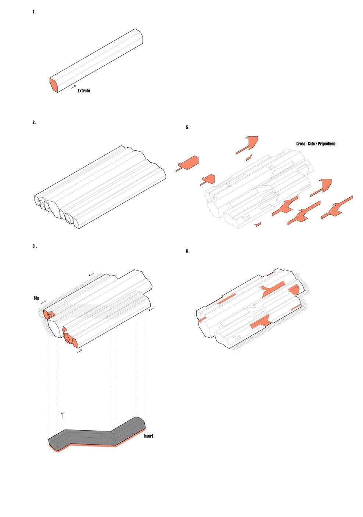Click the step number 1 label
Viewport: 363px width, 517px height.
(x=34, y=12)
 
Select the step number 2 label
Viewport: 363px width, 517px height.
(x=34, y=123)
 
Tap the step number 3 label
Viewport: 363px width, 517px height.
(x=35, y=246)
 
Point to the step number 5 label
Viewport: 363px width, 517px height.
(x=187, y=128)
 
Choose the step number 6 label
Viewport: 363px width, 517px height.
(x=187, y=251)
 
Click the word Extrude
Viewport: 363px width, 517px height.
(x=84, y=91)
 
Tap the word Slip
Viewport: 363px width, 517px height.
(x=36, y=298)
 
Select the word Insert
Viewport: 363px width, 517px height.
(x=148, y=436)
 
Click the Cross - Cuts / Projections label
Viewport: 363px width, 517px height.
(x=316, y=144)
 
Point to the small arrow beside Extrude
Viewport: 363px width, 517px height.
(x=73, y=88)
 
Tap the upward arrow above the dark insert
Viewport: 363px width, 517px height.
(x=62, y=415)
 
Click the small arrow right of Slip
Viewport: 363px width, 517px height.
(x=43, y=302)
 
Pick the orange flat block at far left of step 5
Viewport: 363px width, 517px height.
(x=188, y=163)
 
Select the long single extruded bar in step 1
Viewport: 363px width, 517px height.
(x=97, y=59)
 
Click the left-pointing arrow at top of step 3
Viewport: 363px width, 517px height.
(x=91, y=274)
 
